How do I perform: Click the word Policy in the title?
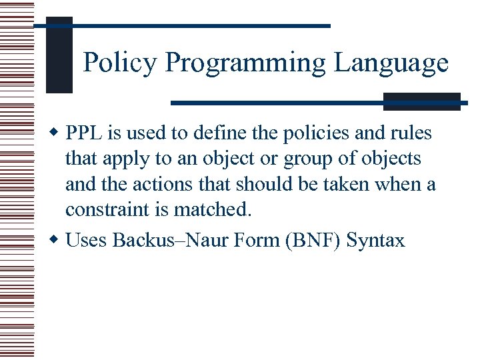pos(121,63)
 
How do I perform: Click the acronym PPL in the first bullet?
pos(84,133)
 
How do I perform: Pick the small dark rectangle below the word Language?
pos(421,101)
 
